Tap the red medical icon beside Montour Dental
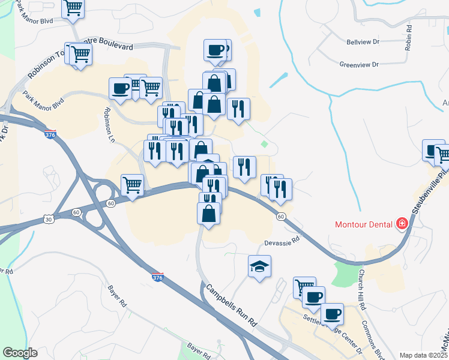(402, 224)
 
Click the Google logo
(20, 352)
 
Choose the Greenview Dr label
(360, 64)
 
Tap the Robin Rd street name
(408, 37)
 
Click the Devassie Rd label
(282, 243)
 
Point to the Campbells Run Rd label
(231, 305)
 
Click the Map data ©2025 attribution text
(423, 355)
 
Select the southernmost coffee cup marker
(332, 313)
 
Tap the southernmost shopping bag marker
(208, 214)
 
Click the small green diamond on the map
(264, 143)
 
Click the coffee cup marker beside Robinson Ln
(120, 88)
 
